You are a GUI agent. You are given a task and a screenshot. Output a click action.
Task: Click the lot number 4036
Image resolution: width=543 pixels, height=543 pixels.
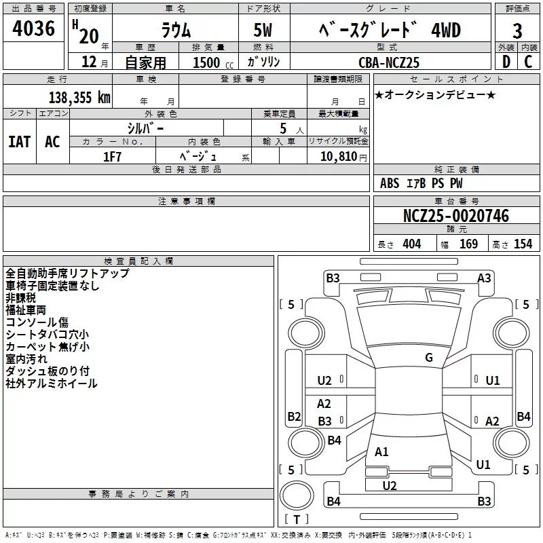pos(34,29)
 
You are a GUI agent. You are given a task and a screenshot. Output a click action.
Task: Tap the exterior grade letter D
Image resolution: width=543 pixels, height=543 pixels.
pos(506,61)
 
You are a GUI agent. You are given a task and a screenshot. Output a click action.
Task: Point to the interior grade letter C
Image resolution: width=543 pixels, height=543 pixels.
pos(528,61)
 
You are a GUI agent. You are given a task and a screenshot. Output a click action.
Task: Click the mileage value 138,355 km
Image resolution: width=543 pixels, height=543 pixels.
pos(79,97)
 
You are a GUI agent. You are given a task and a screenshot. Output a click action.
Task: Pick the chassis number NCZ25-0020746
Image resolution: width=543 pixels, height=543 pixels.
pos(456,216)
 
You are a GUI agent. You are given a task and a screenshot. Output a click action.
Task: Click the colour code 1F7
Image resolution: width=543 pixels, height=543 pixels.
pos(112,156)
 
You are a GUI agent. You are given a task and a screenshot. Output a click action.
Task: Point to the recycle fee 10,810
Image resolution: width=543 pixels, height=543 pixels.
pos(339,156)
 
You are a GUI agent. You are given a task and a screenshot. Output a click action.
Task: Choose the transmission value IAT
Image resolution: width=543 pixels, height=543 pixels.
pos(19,142)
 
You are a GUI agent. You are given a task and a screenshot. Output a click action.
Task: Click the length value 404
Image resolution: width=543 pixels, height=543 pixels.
pos(411,244)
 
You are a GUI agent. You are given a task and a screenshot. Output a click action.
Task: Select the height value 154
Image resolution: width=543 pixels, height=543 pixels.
pos(523,244)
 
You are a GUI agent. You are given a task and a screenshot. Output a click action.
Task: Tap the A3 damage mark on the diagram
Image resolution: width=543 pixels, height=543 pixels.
pos(484,278)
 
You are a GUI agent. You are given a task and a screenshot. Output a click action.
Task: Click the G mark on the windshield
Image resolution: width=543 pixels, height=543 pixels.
pos(428,358)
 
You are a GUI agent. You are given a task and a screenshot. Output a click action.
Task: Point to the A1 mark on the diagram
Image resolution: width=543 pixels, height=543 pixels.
pos(381,451)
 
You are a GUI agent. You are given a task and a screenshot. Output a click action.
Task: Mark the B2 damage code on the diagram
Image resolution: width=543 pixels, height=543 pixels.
pos(294,416)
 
